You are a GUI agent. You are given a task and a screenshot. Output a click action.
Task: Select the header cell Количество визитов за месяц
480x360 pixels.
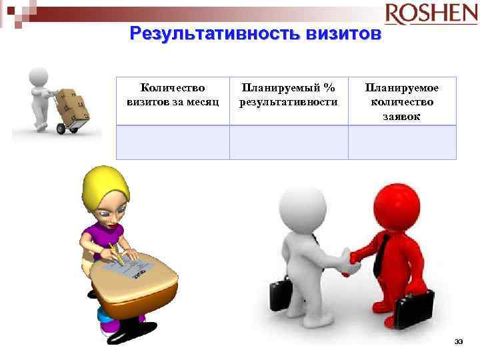pos(173,95)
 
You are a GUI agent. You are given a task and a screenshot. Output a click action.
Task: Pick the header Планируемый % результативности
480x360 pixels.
pos(289,95)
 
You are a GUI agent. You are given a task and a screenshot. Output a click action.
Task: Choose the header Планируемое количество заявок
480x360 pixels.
pos(402,101)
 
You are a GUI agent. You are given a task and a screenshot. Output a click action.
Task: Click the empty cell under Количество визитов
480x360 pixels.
pos(173,142)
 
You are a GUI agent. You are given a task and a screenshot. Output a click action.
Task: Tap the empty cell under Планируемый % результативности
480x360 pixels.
pos(289,142)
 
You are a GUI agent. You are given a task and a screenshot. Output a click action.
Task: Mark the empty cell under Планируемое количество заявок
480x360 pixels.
pos(402,142)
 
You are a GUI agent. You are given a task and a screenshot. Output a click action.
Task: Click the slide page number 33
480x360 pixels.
pos(459,342)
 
